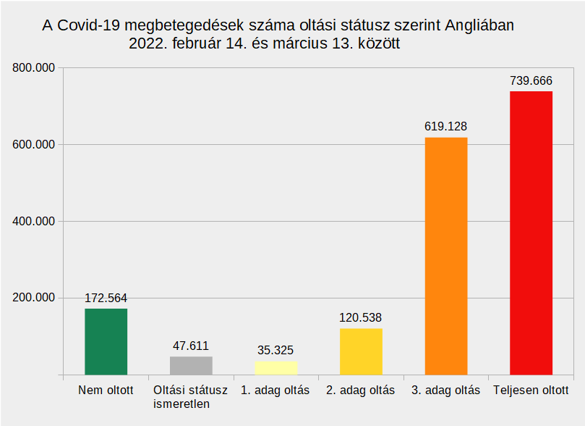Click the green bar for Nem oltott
click(106, 341)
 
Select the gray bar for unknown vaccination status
click(191, 365)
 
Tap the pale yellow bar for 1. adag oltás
click(276, 367)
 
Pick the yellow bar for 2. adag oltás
click(361, 351)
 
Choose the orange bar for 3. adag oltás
click(446, 256)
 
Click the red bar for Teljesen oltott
click(531, 233)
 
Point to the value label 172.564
click(106, 298)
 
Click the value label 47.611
click(191, 346)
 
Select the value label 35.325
click(276, 350)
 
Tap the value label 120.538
click(361, 317)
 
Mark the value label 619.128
click(446, 126)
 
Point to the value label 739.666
click(531, 80)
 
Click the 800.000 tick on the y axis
click(34, 68)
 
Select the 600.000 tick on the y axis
click(34, 144)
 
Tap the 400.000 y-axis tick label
click(34, 221)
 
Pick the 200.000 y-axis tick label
click(34, 298)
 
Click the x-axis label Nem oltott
click(106, 390)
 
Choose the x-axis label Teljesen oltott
click(531, 390)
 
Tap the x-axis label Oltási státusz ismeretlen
click(191, 397)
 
